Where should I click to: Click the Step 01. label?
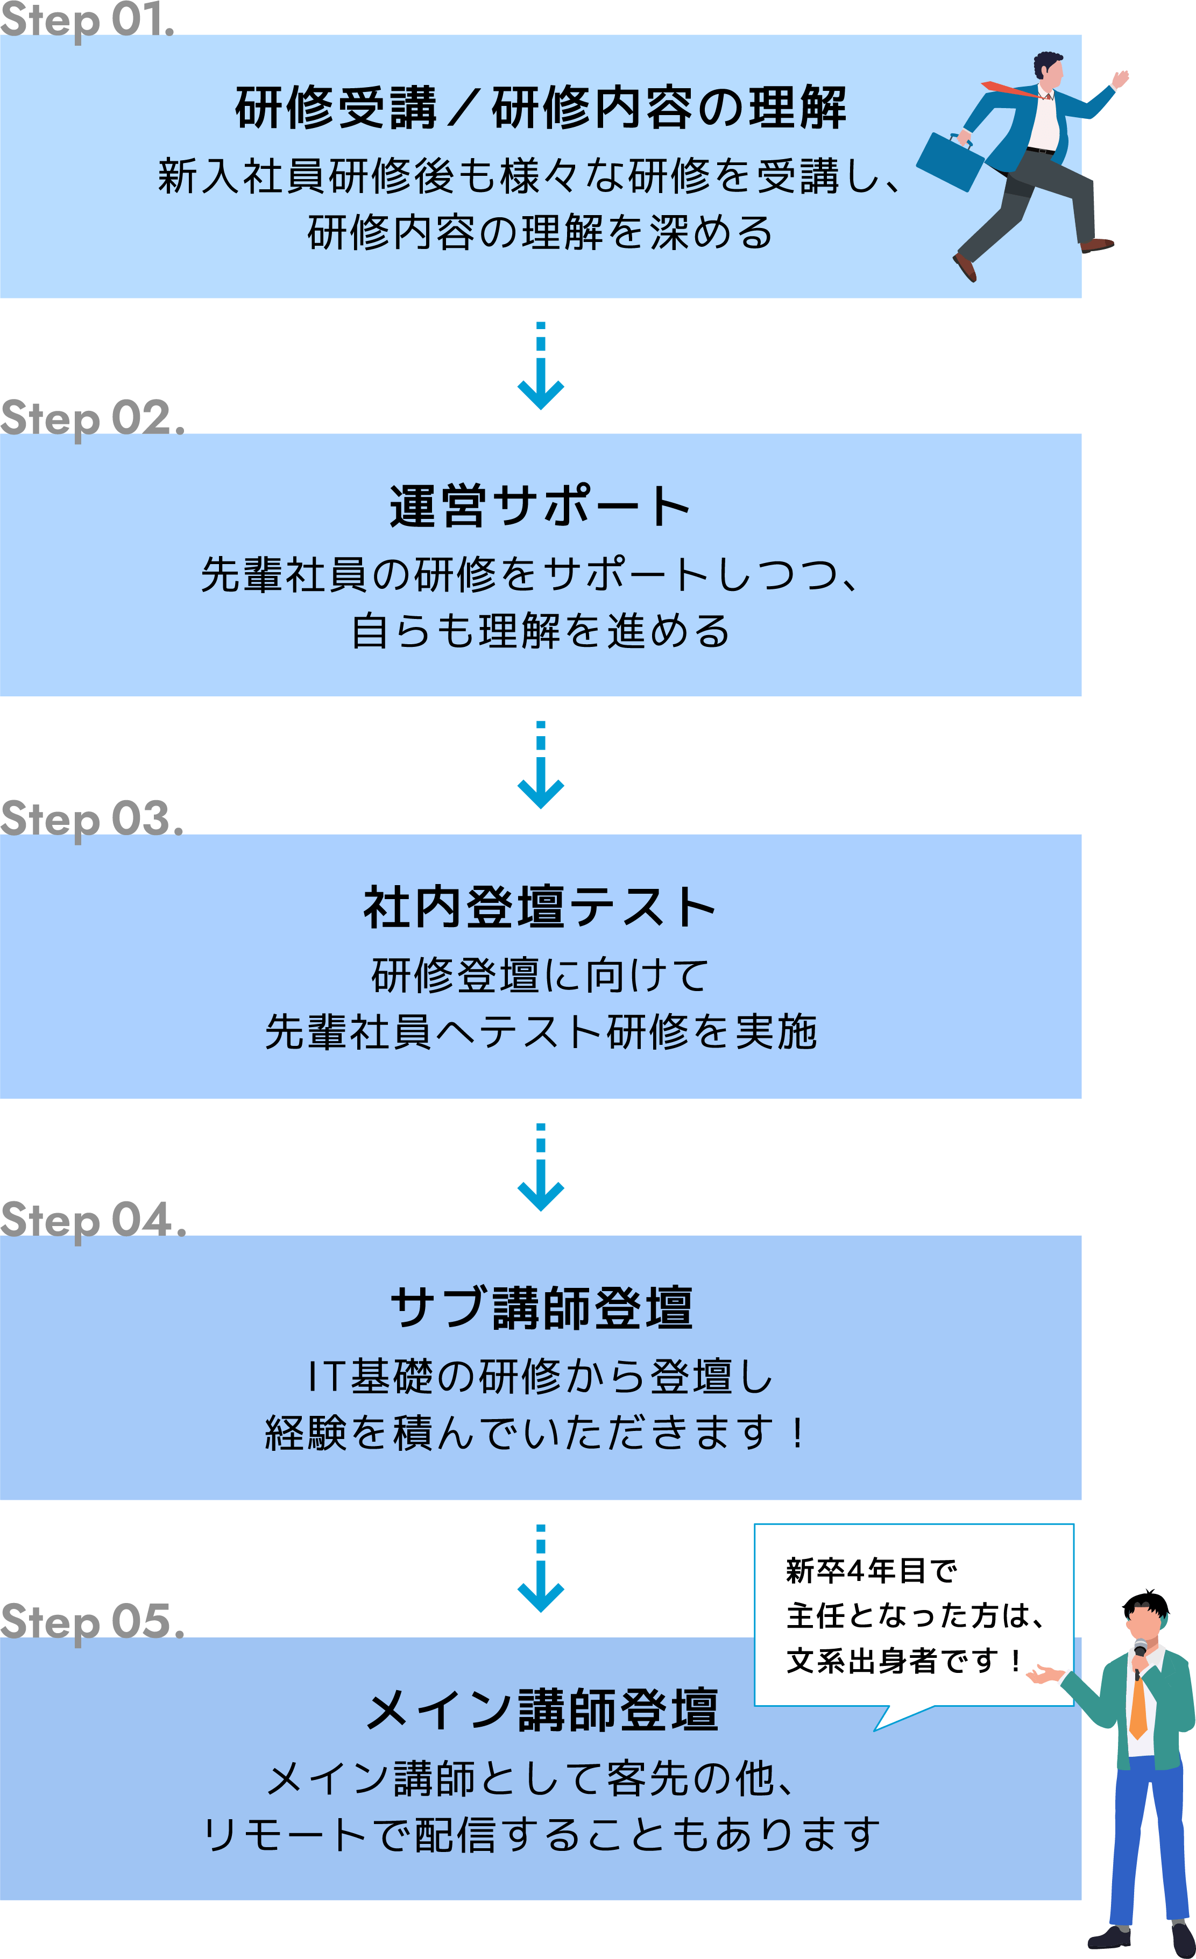87,19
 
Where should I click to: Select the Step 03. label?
91,819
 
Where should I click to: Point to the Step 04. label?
93,1220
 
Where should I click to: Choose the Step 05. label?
91,1620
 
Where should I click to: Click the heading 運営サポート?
540,507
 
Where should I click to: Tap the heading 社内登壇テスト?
540,907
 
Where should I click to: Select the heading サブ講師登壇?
541,1308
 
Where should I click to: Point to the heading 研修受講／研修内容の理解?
541,108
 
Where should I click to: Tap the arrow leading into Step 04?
541,1169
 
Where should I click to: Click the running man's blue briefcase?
951,161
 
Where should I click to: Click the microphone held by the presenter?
1140,1652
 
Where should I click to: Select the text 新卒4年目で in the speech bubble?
870,1570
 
